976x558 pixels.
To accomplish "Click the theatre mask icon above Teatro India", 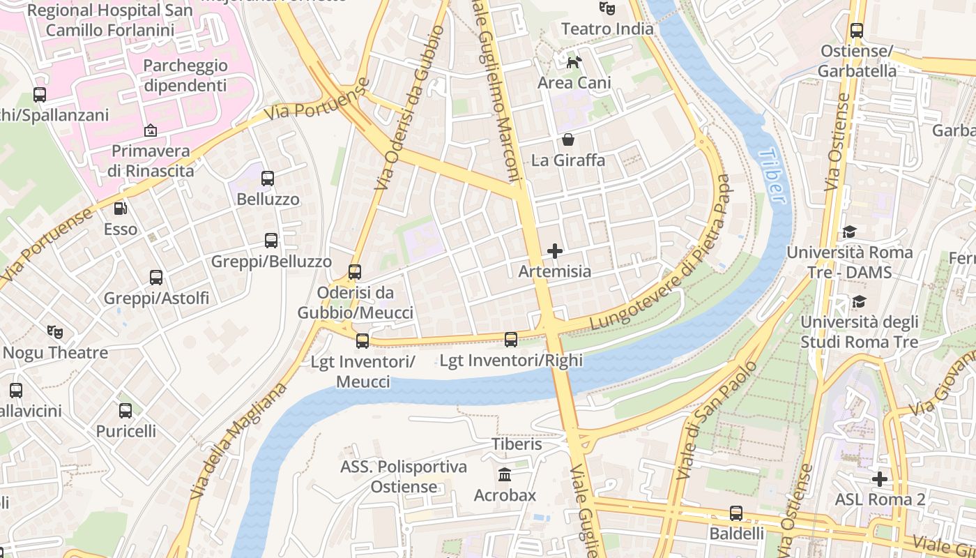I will (x=607, y=8).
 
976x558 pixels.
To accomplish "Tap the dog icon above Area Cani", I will (x=574, y=63).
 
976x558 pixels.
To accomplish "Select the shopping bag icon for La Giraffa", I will (x=568, y=139).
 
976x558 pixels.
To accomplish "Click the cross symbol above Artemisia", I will (x=555, y=250).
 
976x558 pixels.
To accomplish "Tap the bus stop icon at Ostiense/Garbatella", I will (x=857, y=31).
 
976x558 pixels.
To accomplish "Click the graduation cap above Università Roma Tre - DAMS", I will (x=849, y=232).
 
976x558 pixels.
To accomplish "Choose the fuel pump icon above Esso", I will (x=121, y=208).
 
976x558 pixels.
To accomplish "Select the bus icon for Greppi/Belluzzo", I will (x=271, y=241).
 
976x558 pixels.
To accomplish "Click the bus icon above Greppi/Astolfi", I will (x=156, y=277).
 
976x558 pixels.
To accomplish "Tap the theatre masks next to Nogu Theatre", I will (x=55, y=331).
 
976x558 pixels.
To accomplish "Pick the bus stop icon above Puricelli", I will (x=125, y=410).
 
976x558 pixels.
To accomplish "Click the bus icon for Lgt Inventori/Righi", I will (x=511, y=340).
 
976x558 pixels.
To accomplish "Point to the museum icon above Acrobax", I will (x=505, y=474).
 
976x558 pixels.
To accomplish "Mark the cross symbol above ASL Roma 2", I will (x=880, y=479).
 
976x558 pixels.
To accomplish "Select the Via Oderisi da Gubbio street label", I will (x=409, y=108).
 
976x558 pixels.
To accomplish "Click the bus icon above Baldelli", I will (x=736, y=513).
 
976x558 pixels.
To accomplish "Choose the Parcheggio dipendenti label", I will (x=185, y=75).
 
